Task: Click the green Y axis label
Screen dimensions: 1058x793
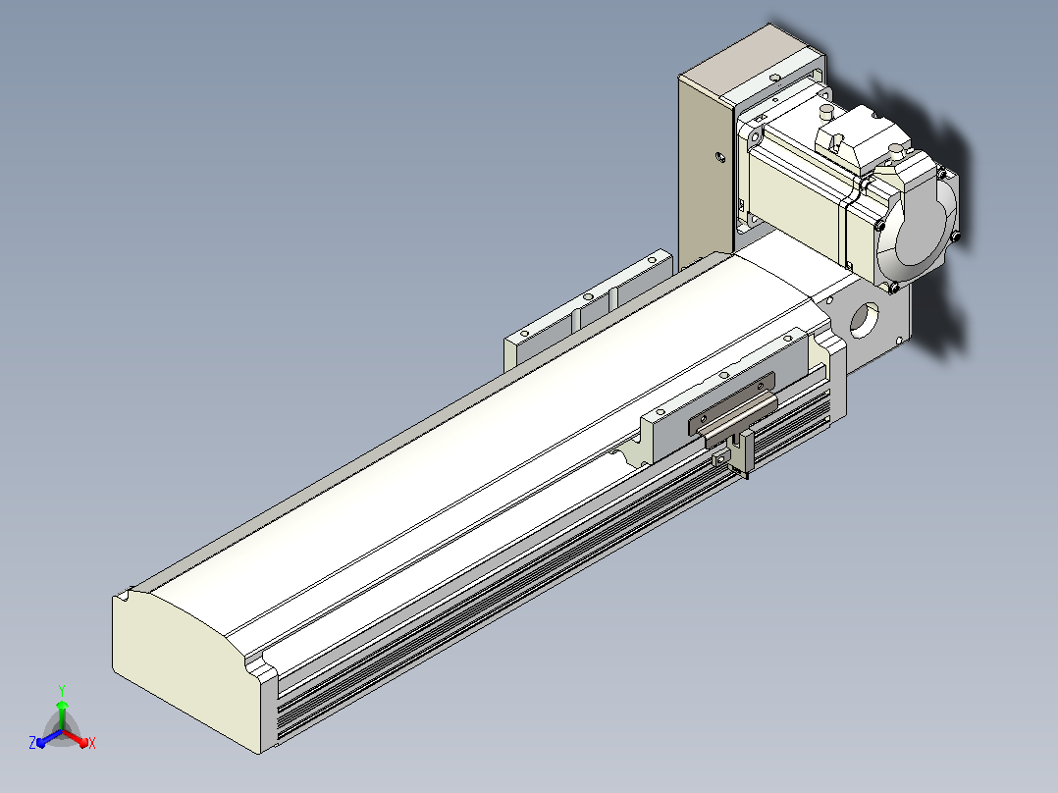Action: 62,690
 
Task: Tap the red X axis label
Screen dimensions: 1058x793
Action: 92,743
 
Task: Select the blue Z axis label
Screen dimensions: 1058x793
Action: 32,742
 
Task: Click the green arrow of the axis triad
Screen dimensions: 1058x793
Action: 62,714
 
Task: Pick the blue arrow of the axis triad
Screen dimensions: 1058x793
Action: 49,738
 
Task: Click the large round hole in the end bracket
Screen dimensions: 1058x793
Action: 864,320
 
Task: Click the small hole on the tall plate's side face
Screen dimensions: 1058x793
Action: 720,157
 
